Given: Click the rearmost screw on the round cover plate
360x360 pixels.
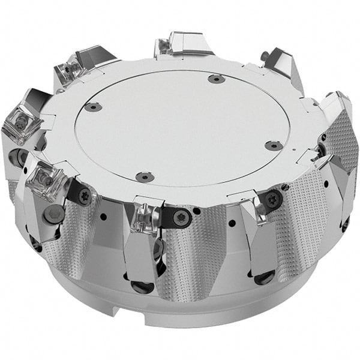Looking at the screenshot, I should pos(214,79).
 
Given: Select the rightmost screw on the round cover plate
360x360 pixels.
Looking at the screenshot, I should pos(274,145).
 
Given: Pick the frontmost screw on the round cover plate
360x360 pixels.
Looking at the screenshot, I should pos(142,176).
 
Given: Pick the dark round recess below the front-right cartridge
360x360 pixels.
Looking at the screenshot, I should pos(263,277).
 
